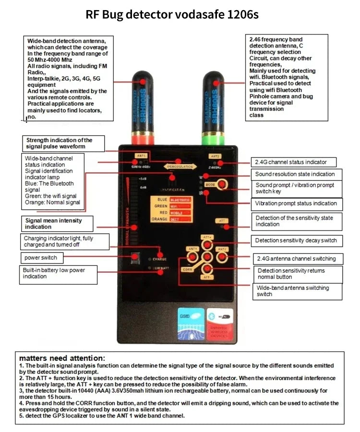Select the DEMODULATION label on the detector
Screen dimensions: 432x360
point(180,167)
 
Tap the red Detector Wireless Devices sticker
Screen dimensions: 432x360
point(220,323)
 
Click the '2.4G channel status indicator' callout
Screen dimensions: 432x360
point(293,162)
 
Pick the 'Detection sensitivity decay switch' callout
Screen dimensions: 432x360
point(296,240)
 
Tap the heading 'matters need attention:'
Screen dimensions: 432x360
point(62,358)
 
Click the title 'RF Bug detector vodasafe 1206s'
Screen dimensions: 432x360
point(172,14)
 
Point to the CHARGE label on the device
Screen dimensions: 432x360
point(160,259)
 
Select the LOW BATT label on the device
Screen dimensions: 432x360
point(160,268)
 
